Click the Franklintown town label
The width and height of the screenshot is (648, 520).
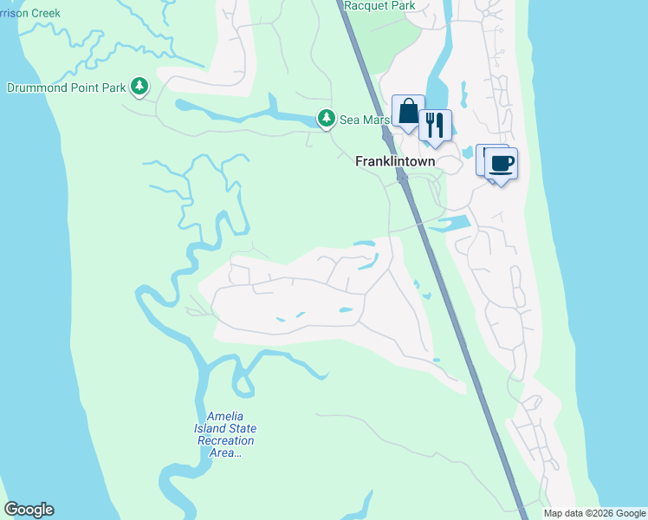395,161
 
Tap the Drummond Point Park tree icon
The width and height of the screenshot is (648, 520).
139,86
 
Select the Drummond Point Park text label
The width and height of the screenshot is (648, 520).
66,88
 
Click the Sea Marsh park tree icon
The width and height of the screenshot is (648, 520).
326,118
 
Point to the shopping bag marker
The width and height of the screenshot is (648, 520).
408,111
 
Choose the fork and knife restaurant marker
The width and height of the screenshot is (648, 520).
435,125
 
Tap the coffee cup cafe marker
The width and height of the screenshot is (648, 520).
500,162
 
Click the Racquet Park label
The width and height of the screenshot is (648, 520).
379,6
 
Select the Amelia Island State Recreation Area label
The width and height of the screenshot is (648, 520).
226,434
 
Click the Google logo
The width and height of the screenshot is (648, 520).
29,510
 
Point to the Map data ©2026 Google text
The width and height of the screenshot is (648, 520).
594,513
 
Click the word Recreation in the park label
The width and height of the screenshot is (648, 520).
226,440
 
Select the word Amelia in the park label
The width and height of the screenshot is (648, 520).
213,417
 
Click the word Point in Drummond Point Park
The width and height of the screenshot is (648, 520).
91,88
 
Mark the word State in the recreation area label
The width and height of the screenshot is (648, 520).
239,429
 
